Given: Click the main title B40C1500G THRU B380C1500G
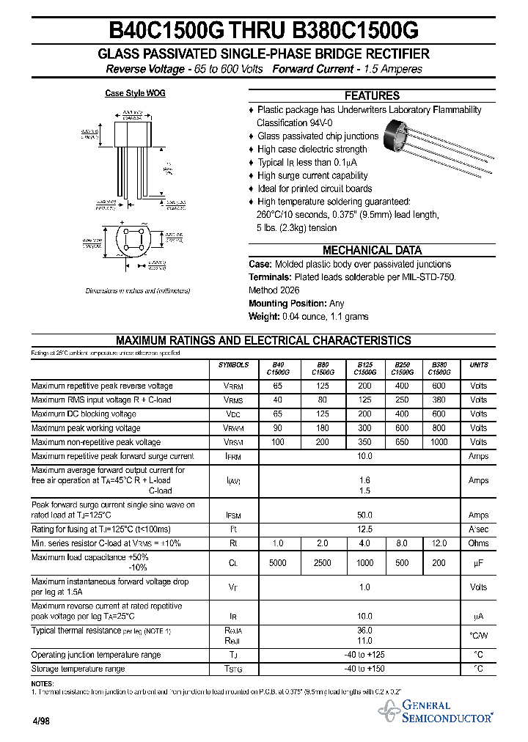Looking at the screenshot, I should click(x=263, y=30).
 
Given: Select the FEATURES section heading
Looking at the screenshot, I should click(x=372, y=95).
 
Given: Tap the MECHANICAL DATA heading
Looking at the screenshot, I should click(x=372, y=250).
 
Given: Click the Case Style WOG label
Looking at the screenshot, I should click(x=135, y=93).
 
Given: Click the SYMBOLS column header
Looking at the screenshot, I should click(x=233, y=365).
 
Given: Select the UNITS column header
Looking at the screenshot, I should click(x=478, y=365).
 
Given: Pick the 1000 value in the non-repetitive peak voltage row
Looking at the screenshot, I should click(x=439, y=442).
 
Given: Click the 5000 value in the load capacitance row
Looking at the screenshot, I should click(x=277, y=563).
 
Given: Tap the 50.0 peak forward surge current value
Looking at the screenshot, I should click(x=364, y=515).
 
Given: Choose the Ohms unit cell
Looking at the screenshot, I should click(x=478, y=543).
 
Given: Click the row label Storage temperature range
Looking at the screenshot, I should click(x=78, y=669).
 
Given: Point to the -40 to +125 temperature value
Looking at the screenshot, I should click(x=364, y=655).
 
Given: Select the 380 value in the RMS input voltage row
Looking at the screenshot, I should click(x=439, y=400).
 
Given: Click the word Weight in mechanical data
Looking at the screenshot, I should click(x=263, y=317).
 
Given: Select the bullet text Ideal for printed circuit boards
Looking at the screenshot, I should click(x=315, y=188).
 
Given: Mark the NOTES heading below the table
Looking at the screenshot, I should click(x=43, y=683).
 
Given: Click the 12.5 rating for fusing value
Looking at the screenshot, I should click(x=364, y=529).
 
